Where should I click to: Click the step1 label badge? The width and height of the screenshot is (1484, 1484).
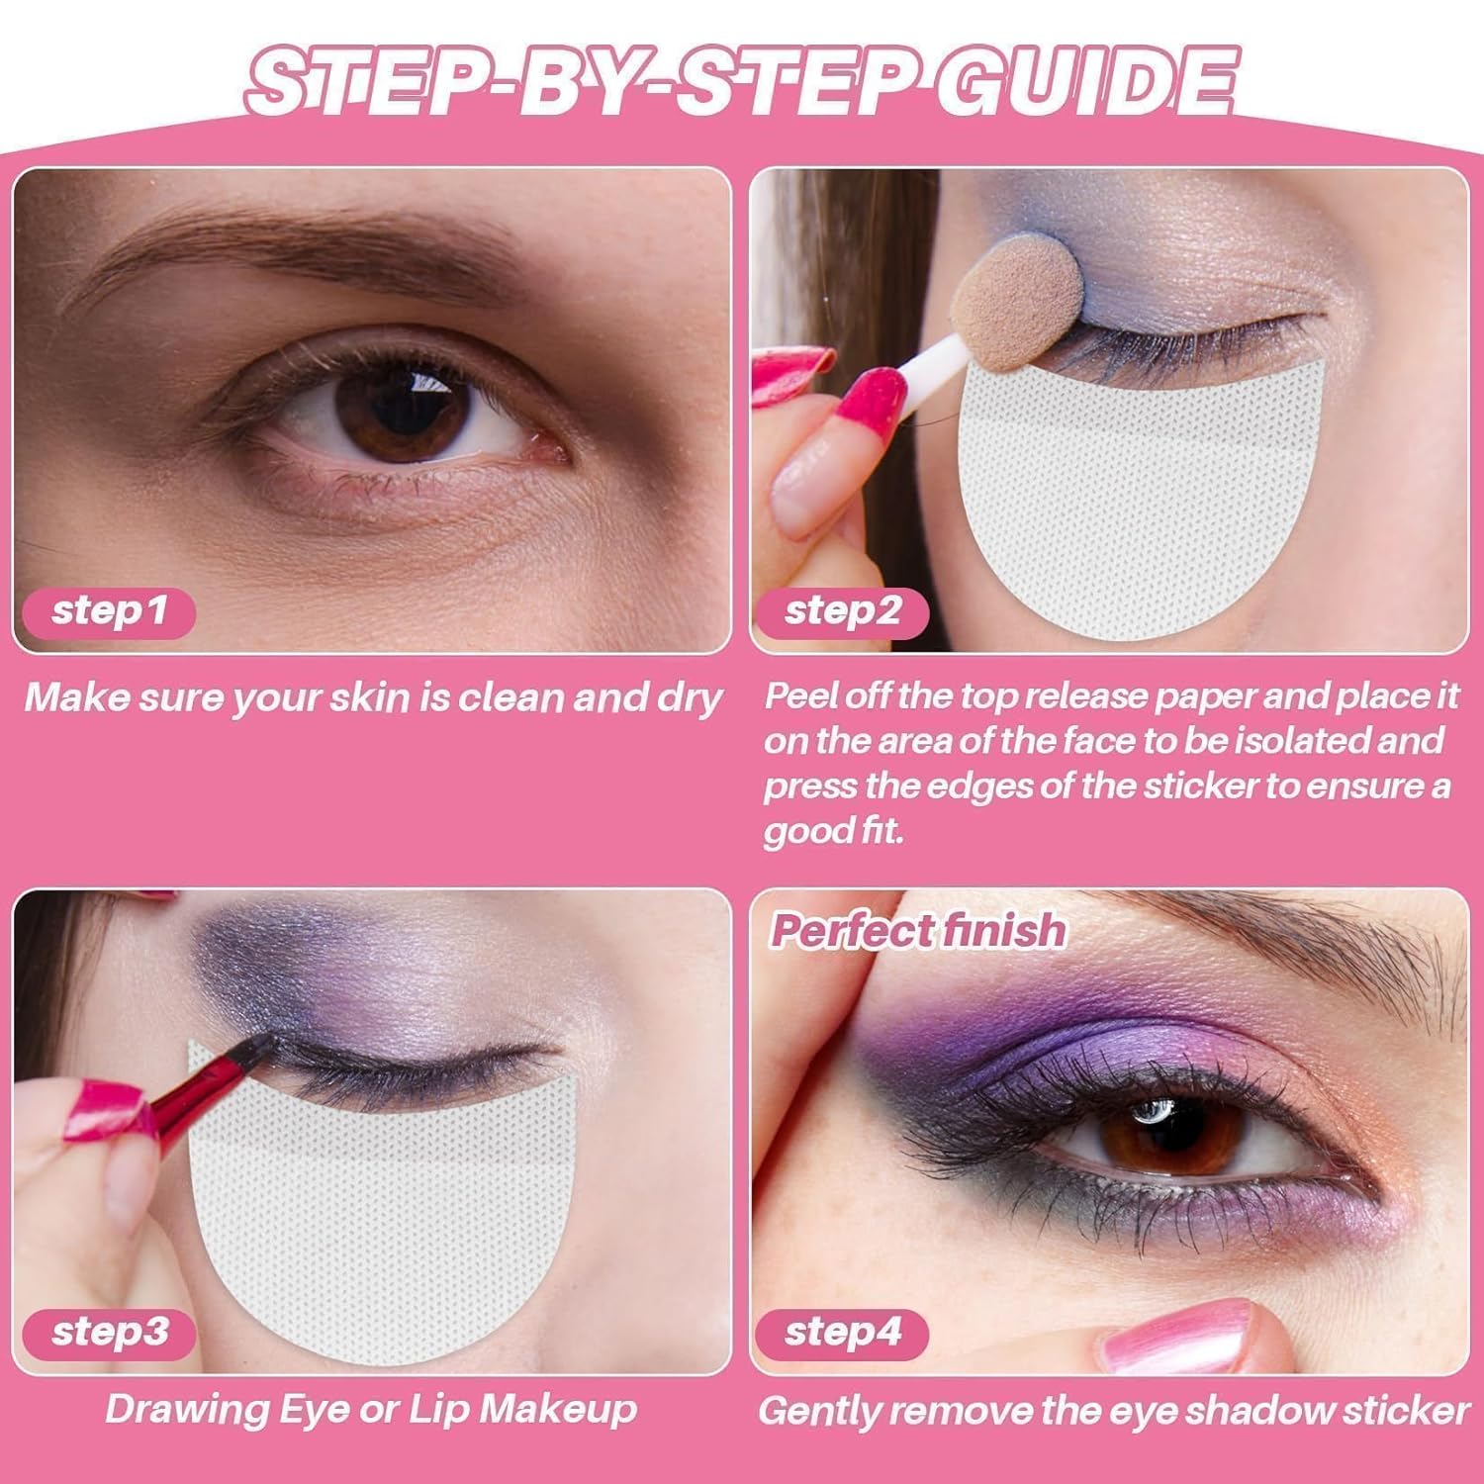click(x=108, y=610)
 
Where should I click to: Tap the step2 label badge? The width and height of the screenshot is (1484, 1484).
click(x=842, y=610)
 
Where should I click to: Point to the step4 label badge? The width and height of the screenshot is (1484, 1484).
click(x=842, y=1332)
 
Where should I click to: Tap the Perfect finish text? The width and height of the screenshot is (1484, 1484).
click(x=918, y=930)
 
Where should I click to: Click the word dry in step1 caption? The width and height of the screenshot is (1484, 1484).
click(x=689, y=698)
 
